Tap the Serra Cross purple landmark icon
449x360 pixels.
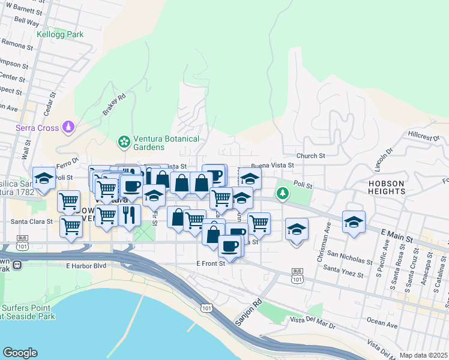point(70,127)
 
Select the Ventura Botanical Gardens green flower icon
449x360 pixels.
point(124,142)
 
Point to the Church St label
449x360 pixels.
point(310,155)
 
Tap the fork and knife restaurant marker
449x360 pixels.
point(129,215)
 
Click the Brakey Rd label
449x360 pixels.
point(113,104)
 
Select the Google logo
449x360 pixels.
point(20,353)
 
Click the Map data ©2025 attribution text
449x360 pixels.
point(423,355)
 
